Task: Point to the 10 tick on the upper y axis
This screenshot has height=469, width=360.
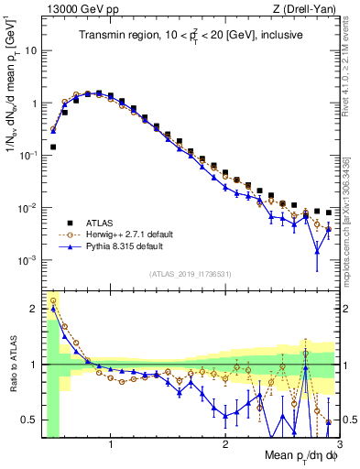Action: (x=30, y=50)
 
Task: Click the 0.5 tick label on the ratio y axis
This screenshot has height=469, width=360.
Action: (x=28, y=420)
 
